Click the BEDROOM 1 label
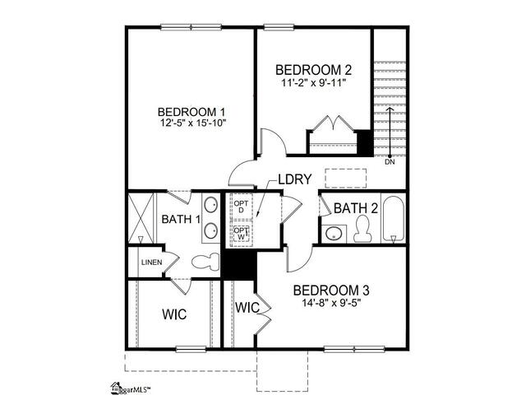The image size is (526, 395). pos(191,112)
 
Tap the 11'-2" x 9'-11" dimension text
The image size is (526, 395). pos(313,82)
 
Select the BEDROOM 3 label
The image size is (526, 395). pos(331,290)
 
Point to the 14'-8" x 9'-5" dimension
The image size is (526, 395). pos(331,303)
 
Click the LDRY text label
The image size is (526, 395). pos(295,179)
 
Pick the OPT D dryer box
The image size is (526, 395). pos(241,207)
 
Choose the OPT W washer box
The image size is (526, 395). pos(241,234)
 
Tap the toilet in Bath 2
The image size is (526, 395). pos(362,229)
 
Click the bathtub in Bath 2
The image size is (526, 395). pos(393,219)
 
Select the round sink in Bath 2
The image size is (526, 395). pos(334,234)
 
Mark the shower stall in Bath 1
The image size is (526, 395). pos(141,217)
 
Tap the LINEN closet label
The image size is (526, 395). pos(151,263)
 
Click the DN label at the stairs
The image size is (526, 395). pos(390,162)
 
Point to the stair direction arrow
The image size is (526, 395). pos(390,132)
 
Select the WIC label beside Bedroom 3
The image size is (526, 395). pos(247,307)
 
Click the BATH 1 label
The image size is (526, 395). pos(181,220)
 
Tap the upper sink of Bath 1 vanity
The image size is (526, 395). pos(211,205)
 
